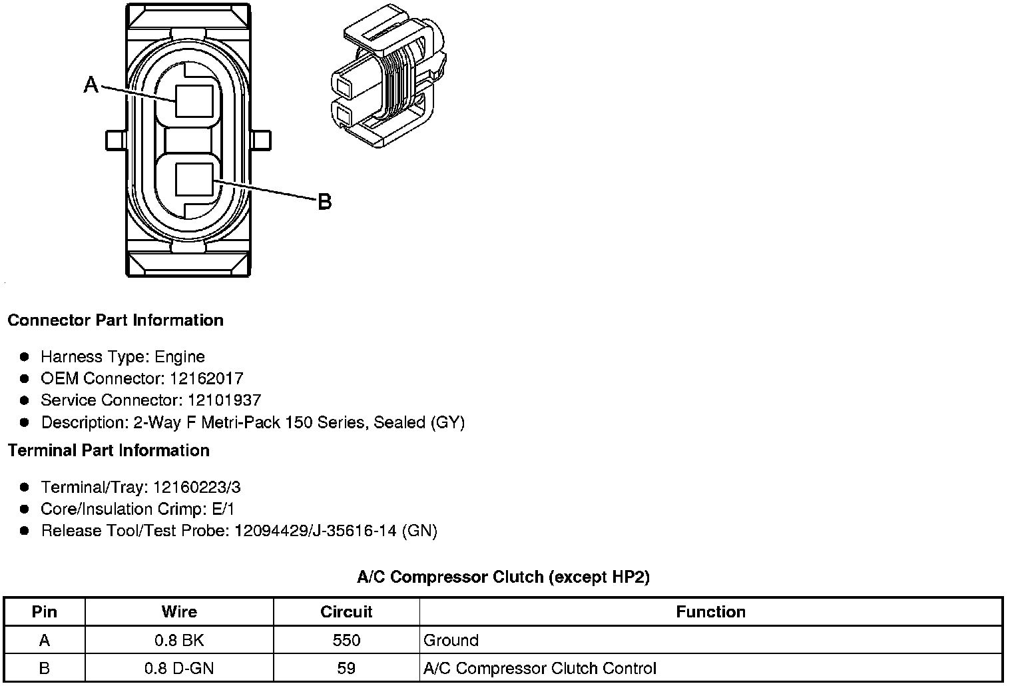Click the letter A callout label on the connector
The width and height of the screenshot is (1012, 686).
tap(91, 85)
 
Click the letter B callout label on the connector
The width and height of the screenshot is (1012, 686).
tap(324, 201)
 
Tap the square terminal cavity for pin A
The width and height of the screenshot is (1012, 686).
tap(194, 101)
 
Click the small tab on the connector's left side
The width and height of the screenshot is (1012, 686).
tap(115, 140)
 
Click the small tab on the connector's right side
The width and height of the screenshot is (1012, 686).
tap(262, 140)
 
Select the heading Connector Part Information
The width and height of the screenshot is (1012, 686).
tap(115, 320)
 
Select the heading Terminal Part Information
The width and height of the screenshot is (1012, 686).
tap(109, 451)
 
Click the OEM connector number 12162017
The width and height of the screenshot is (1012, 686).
tap(206, 379)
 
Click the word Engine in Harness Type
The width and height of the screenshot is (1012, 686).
tap(180, 357)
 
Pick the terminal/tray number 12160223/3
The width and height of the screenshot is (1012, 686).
tap(196, 488)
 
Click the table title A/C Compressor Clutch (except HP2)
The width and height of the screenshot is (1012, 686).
tap(503, 577)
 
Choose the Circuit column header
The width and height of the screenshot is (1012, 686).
tap(346, 612)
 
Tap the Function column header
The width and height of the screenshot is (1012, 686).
tap(710, 612)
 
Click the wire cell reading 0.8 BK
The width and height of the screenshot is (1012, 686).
tap(179, 641)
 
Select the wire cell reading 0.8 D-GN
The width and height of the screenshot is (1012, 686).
tap(179, 668)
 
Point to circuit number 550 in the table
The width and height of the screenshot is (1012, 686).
tap(346, 641)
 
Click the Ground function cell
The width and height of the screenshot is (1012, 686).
tap(451, 641)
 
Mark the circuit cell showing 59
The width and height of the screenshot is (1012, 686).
tap(346, 668)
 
